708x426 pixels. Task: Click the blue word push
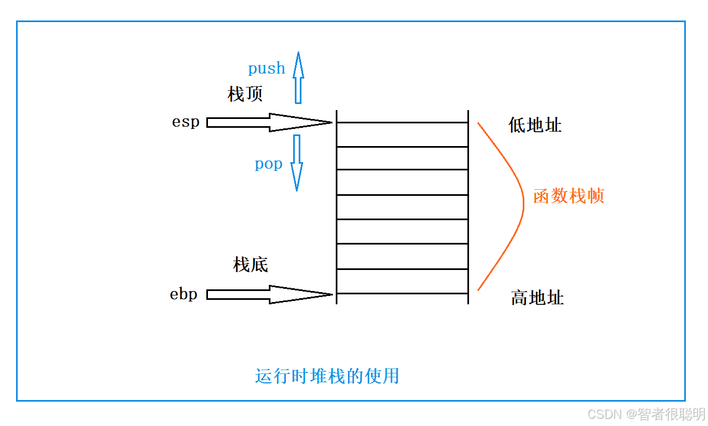tap(267, 69)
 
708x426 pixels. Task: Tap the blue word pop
tap(268, 164)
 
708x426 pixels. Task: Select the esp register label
tap(185, 122)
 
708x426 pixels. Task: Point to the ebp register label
tap(184, 294)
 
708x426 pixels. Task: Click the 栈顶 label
tap(245, 94)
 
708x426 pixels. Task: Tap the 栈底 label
tap(251, 265)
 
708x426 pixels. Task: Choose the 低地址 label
tap(535, 125)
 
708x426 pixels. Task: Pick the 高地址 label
tap(537, 298)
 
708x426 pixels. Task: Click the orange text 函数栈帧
tap(569, 196)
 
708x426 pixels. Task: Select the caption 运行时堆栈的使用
tap(327, 376)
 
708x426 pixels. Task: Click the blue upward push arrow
tap(298, 77)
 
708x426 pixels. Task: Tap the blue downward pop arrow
tap(297, 163)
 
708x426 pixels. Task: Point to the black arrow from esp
tap(269, 122)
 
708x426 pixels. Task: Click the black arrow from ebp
tap(269, 294)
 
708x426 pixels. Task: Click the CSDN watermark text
tap(646, 414)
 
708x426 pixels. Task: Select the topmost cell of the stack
tap(402, 134)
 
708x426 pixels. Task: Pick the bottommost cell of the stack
tap(402, 281)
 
